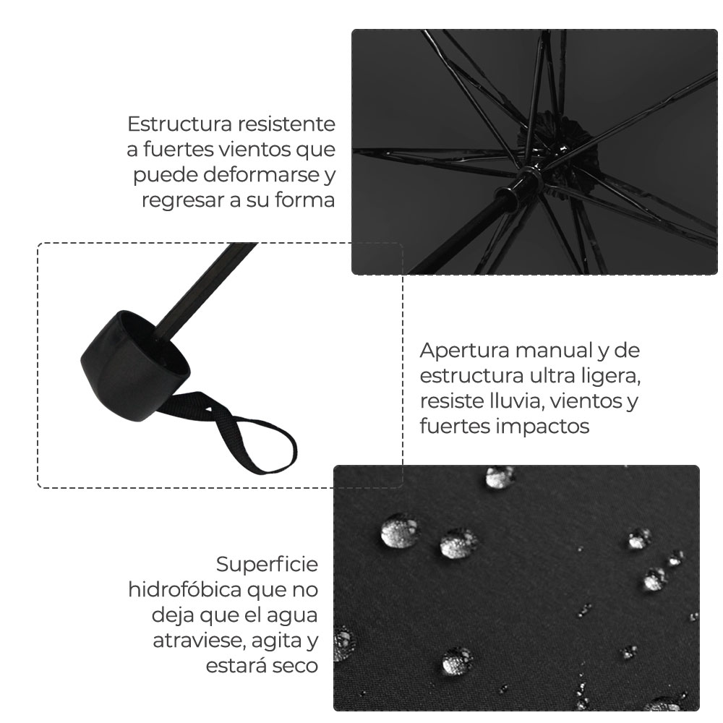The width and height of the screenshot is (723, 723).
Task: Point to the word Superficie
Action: (267, 564)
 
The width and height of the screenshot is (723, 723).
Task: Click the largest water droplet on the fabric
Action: (399, 533)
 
